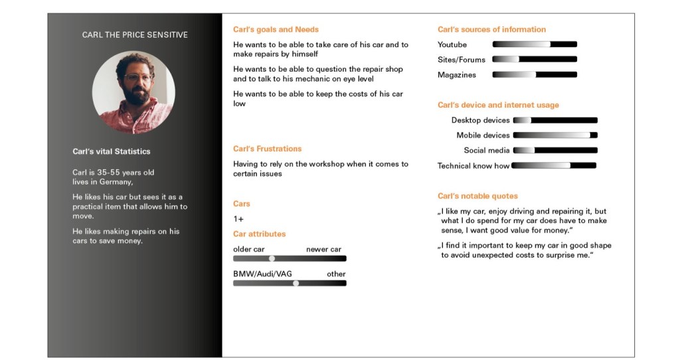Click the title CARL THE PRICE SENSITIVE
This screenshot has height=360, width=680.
pyautogui.click(x=135, y=35)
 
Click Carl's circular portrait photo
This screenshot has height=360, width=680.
pyautogui.click(x=133, y=92)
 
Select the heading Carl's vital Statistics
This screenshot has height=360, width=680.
pyautogui.click(x=112, y=151)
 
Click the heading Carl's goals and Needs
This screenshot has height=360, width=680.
pyautogui.click(x=276, y=29)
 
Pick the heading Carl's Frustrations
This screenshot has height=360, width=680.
pyautogui.click(x=267, y=149)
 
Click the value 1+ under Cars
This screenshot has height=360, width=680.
pyautogui.click(x=238, y=219)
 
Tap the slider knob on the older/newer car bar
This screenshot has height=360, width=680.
pyautogui.click(x=272, y=258)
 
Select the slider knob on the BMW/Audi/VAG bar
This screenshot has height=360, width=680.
pyautogui.click(x=296, y=283)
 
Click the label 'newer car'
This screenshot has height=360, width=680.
pyautogui.click(x=323, y=249)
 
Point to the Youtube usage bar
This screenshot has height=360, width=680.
pyautogui.click(x=535, y=45)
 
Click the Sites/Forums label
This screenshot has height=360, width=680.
pyautogui.click(x=462, y=60)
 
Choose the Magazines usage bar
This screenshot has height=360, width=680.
pyautogui.click(x=535, y=75)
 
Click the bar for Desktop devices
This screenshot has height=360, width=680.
pyautogui.click(x=555, y=120)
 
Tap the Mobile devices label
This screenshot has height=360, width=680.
pyautogui.click(x=483, y=135)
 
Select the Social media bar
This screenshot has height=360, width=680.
pyautogui.click(x=555, y=151)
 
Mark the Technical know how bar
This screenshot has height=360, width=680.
pyautogui.click(x=554, y=165)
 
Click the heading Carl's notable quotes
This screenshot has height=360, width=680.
pyautogui.click(x=477, y=196)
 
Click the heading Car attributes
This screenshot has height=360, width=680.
pyautogui.click(x=259, y=234)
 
